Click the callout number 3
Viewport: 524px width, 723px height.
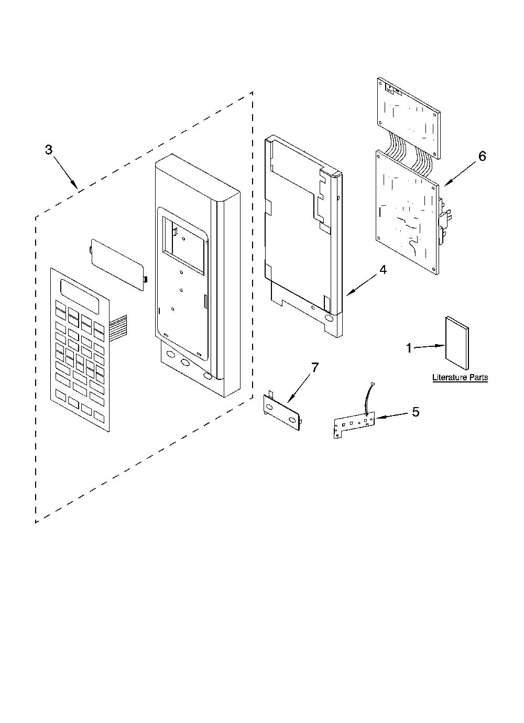(x=48, y=150)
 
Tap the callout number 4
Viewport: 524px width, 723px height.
(x=383, y=270)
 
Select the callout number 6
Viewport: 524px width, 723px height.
(x=482, y=156)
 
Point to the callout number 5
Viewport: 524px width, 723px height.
(x=416, y=412)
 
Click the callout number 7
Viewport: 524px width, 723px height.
(x=314, y=368)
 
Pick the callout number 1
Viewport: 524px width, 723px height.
(x=409, y=348)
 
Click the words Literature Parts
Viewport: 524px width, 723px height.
(x=460, y=377)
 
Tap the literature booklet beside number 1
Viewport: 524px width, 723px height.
(x=457, y=343)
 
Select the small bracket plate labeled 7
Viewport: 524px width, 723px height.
(x=283, y=412)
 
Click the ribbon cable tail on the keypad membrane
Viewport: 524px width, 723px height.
(x=118, y=326)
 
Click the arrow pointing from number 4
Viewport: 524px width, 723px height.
(x=362, y=282)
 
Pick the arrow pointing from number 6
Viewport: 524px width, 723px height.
(x=461, y=173)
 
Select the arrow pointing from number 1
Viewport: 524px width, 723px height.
(x=430, y=347)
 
